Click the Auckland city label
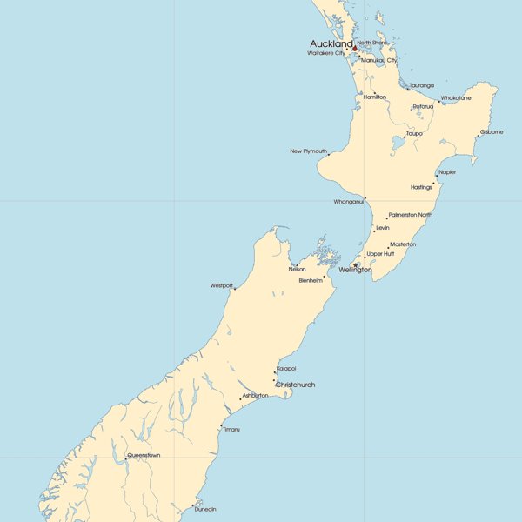[x=331, y=43]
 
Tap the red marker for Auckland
[x=354, y=49]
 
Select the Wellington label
[x=355, y=270]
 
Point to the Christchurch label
[x=295, y=385]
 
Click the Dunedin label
[x=205, y=509]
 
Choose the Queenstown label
[x=144, y=455]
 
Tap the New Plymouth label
[x=308, y=151]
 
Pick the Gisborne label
[x=492, y=132]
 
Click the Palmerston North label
[x=411, y=215]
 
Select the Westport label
[x=222, y=285]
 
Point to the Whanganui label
[x=349, y=202]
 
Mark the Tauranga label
[x=421, y=85]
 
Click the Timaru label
[x=231, y=429]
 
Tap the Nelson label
[x=297, y=270]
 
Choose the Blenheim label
[x=311, y=280]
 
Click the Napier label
[x=447, y=172]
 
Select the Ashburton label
[x=255, y=395]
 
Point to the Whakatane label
[x=456, y=98]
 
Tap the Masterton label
[x=403, y=244]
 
